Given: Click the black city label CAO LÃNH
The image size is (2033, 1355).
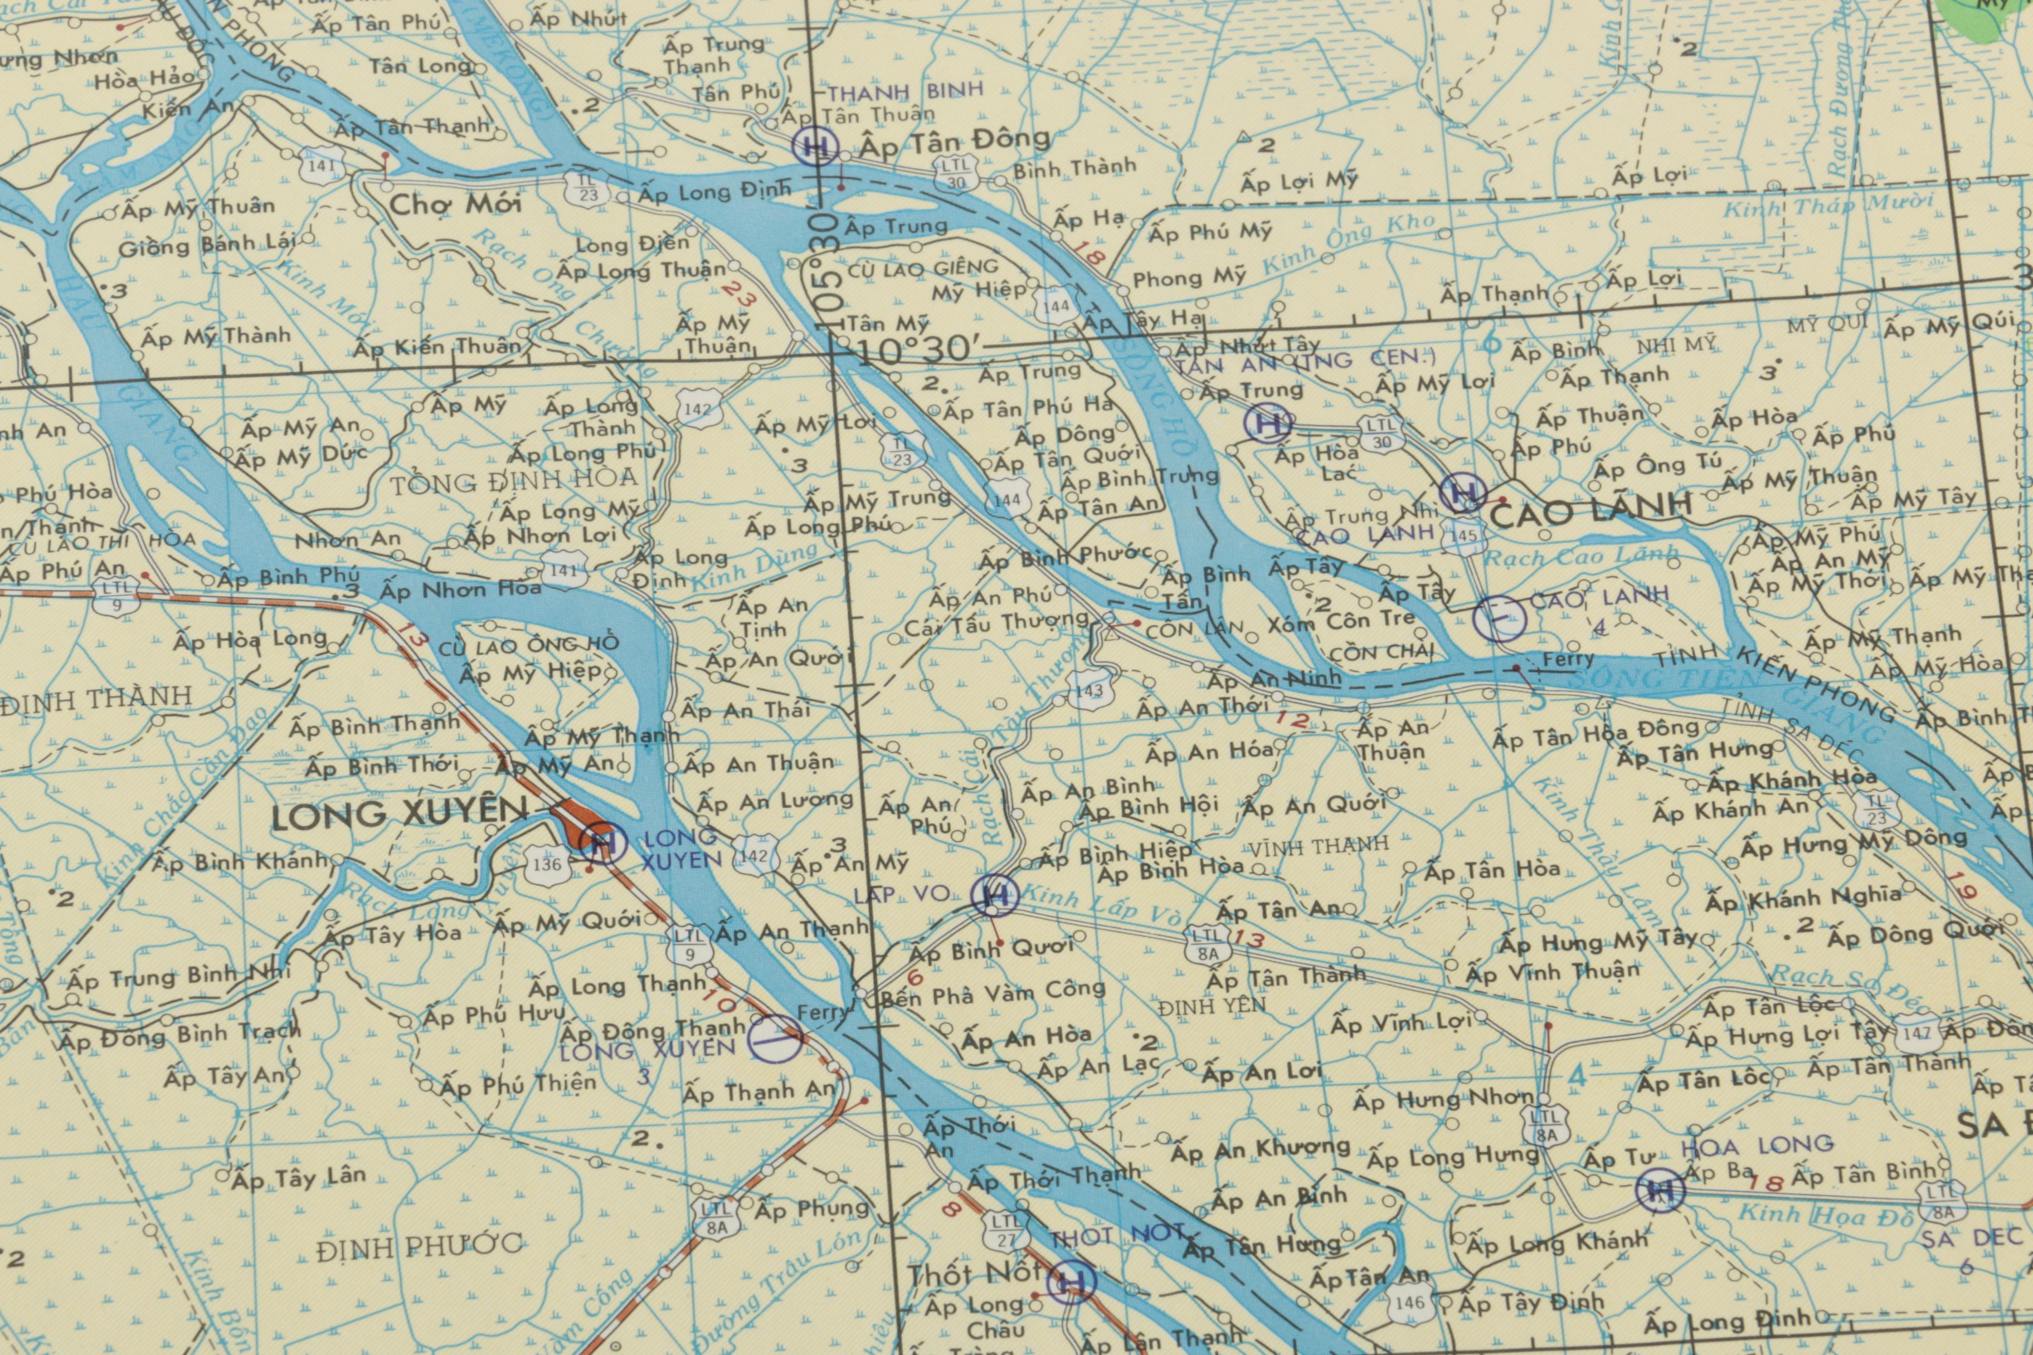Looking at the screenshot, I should point(1591,513).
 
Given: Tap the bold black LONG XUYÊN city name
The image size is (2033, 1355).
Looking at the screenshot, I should point(400,814).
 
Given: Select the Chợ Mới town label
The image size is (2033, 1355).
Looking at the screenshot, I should point(455,204).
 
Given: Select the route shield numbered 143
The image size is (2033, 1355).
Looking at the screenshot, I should point(1090,690).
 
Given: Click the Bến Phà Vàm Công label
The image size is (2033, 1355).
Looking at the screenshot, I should point(993,993).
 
